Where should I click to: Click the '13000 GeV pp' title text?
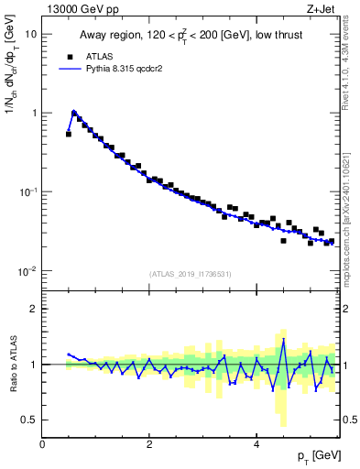pyautogui.click(x=78, y=8)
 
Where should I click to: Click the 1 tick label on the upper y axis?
pyautogui.click(x=34, y=113)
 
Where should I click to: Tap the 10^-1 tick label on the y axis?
pyautogui.click(x=27, y=191)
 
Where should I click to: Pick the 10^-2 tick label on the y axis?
pyautogui.click(x=27, y=271)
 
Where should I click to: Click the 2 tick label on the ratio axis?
pyautogui.click(x=34, y=309)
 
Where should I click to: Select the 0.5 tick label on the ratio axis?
pyautogui.click(x=29, y=420)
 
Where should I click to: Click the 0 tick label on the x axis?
pyautogui.click(x=43, y=442)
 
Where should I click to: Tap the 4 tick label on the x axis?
pyautogui.click(x=256, y=442)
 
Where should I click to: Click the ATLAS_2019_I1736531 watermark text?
pyautogui.click(x=191, y=274)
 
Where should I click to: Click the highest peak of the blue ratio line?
pyautogui.click(x=284, y=340)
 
